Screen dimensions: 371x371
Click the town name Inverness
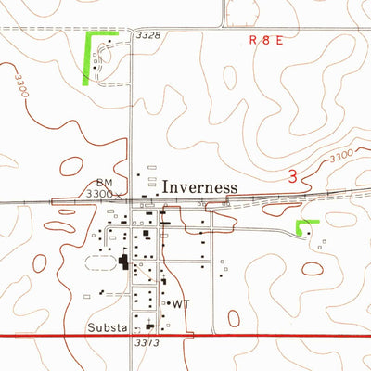coord(199,187)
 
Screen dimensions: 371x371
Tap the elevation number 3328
coord(147,35)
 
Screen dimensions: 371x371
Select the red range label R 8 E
coord(268,41)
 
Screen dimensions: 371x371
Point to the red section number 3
coord(293,177)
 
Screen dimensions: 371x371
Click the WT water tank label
coord(180,303)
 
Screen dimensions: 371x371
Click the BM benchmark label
coord(103,183)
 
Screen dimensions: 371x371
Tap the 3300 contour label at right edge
coord(341,155)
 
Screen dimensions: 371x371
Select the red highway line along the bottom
coord(278,335)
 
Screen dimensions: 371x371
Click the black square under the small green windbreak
coord(310,234)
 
